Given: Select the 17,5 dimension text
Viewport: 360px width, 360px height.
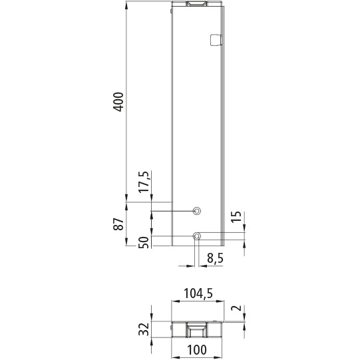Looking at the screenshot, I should click(146, 182).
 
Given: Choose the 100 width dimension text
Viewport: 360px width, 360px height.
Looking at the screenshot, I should click(196, 350).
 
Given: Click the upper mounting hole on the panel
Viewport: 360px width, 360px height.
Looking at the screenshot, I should click(196, 211).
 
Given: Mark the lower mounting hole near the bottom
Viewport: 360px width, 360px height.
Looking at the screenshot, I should click(196, 236).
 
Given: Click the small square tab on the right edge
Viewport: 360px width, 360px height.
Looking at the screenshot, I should click(214, 39).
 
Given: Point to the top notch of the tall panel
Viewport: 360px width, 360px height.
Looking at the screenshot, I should click(196, 6).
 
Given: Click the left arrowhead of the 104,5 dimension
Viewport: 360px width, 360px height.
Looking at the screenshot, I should click(175, 300).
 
